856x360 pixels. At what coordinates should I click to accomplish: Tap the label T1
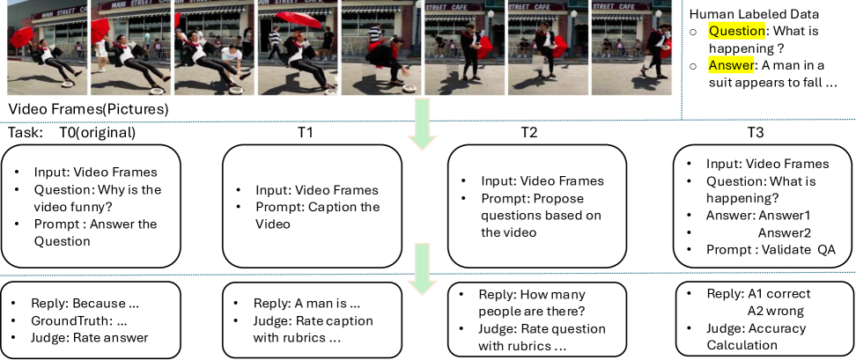point(306,133)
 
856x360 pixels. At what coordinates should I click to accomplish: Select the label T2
point(528,133)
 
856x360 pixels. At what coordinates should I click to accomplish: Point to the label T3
point(756,133)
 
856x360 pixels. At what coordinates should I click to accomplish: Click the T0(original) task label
point(97,133)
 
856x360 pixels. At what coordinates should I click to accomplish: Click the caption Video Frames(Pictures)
point(88,109)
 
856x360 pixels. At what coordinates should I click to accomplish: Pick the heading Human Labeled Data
point(755,14)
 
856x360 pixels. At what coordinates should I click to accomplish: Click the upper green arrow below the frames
point(423,122)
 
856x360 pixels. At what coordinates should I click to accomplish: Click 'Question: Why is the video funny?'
point(98,198)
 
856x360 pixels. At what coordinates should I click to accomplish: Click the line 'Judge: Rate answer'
point(90,338)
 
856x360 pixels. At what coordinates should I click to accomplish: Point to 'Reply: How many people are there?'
point(532,303)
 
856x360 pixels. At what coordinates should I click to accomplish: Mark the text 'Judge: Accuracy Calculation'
point(756,336)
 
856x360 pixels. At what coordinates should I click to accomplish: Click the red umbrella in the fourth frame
point(299,21)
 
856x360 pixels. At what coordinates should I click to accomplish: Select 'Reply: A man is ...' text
point(306,304)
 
